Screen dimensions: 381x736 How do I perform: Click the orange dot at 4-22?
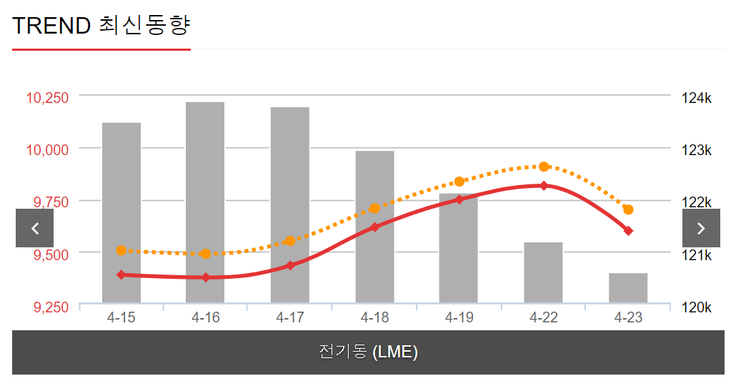544,167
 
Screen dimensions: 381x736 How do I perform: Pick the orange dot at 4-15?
121,250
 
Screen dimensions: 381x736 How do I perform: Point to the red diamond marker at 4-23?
628,231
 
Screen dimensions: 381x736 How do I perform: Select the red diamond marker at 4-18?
374,227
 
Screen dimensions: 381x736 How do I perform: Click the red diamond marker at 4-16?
206,277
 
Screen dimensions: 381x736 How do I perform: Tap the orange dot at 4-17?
290,241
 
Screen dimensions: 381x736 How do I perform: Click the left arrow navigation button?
35,228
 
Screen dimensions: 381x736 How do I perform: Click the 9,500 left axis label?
52,254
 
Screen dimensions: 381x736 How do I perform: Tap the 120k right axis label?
696,307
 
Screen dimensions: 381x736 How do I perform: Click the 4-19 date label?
459,317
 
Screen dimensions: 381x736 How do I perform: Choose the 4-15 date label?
121,317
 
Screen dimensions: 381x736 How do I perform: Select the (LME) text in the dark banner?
395,352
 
